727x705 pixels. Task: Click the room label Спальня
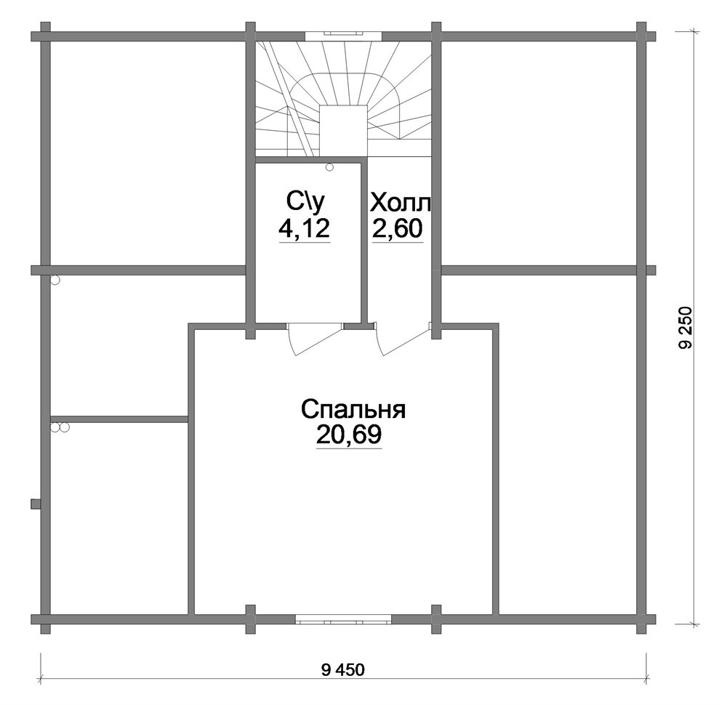click(353, 410)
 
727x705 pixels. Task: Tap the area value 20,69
click(349, 435)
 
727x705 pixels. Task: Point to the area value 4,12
click(304, 227)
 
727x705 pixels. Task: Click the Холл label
click(401, 203)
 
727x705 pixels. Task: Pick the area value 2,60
click(398, 227)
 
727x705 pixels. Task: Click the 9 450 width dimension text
click(342, 670)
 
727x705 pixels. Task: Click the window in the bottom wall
click(343, 619)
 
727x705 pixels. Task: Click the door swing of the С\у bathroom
click(316, 339)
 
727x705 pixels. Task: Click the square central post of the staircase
click(344, 132)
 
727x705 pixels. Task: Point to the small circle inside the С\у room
click(329, 167)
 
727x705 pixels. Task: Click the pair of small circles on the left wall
click(60, 427)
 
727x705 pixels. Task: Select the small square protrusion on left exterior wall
click(35, 504)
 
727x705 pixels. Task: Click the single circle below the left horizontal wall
click(55, 280)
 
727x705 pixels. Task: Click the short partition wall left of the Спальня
click(119, 419)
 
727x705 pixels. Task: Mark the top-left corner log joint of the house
click(45, 36)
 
